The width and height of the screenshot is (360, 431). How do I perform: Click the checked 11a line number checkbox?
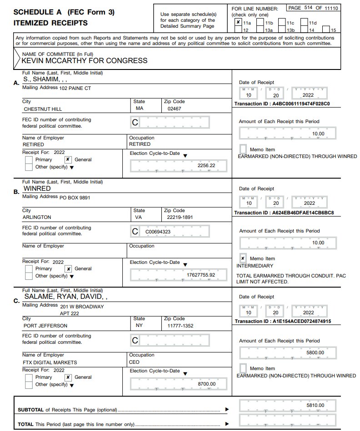[x=238, y=22]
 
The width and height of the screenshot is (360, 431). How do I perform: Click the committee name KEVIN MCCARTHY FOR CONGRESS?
[x=85, y=60]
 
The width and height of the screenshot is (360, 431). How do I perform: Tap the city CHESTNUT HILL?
[x=43, y=109]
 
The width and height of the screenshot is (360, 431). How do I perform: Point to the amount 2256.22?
[x=206, y=166]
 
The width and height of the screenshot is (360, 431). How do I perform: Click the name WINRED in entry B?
[x=37, y=188]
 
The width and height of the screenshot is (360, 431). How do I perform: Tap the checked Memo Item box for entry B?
[x=243, y=258]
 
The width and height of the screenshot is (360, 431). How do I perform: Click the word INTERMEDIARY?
[x=255, y=266]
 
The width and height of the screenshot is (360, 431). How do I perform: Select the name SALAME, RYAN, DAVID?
[x=68, y=297]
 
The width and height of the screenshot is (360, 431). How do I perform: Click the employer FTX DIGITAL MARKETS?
[x=50, y=362]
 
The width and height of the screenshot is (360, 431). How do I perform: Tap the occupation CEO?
[x=135, y=362]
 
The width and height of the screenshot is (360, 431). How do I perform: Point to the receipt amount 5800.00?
[x=315, y=352]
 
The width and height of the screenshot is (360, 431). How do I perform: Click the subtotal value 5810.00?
[x=315, y=405]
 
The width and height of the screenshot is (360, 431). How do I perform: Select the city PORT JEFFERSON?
[x=45, y=326]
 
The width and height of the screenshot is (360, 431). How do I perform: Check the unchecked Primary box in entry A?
[x=29, y=160]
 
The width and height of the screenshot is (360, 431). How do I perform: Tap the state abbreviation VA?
[x=139, y=217]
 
